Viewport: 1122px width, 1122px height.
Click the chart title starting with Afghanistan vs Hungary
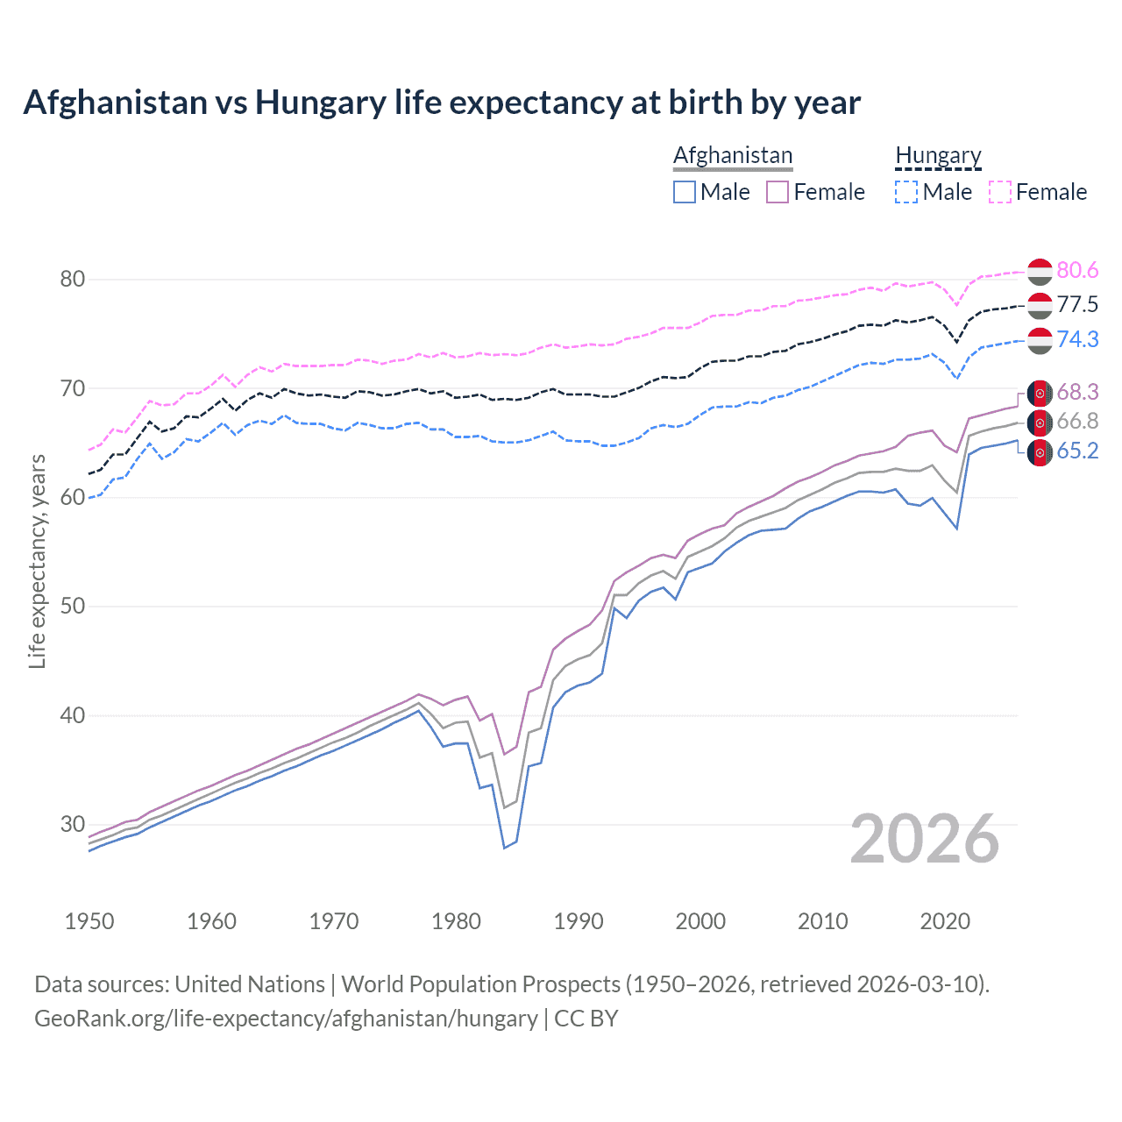pyautogui.click(x=442, y=103)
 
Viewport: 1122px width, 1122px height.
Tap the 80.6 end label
pyautogui.click(x=1077, y=271)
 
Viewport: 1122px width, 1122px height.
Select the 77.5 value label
pyautogui.click(x=1077, y=305)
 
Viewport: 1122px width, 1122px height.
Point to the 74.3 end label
pyautogui.click(x=1077, y=339)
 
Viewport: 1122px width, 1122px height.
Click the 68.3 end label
pyautogui.click(x=1077, y=392)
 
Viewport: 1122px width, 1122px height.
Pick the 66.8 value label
pyautogui.click(x=1077, y=422)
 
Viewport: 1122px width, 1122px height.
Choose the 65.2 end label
pyautogui.click(x=1077, y=451)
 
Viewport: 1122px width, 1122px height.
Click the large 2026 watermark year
pyautogui.click(x=925, y=839)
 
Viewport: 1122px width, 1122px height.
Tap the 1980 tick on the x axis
pyautogui.click(x=456, y=921)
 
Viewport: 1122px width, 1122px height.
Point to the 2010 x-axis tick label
pyautogui.click(x=822, y=921)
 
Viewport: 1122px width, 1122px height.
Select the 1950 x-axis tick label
pyautogui.click(x=89, y=921)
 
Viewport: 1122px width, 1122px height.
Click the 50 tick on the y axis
pyautogui.click(x=72, y=607)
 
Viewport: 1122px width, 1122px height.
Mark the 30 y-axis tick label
pyautogui.click(x=72, y=824)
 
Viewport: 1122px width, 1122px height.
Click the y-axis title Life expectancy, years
pyautogui.click(x=37, y=561)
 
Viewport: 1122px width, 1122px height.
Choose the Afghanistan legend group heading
pyautogui.click(x=733, y=155)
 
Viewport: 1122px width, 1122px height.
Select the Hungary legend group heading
pyautogui.click(x=938, y=155)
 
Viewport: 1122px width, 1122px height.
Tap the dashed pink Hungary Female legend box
pyautogui.click(x=1000, y=192)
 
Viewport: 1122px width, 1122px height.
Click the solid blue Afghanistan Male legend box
pyautogui.click(x=685, y=192)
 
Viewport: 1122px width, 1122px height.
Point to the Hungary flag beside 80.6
pyautogui.click(x=1040, y=272)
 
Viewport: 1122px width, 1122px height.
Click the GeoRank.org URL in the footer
pyautogui.click(x=286, y=1019)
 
